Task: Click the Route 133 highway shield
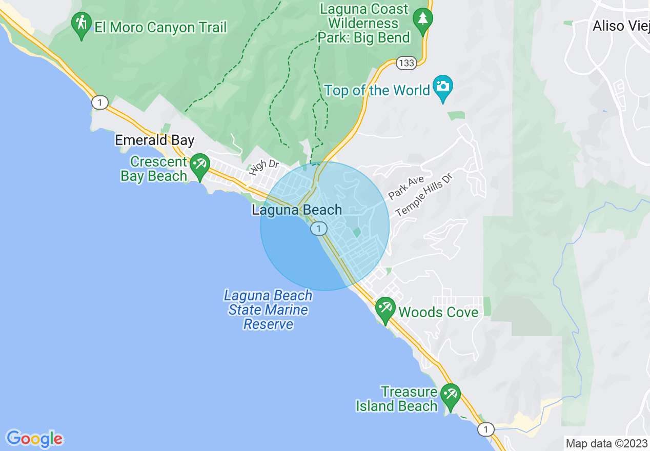point(405,63)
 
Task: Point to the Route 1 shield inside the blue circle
point(319,229)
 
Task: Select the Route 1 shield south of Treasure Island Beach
point(486,429)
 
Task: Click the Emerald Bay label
point(154,140)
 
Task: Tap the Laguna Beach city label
point(297,210)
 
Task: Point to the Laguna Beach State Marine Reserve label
point(268,310)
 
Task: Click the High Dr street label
point(264,167)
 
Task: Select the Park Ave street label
point(406,188)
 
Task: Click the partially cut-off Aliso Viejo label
point(621,26)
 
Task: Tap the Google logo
point(34,439)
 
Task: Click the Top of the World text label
point(377,91)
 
